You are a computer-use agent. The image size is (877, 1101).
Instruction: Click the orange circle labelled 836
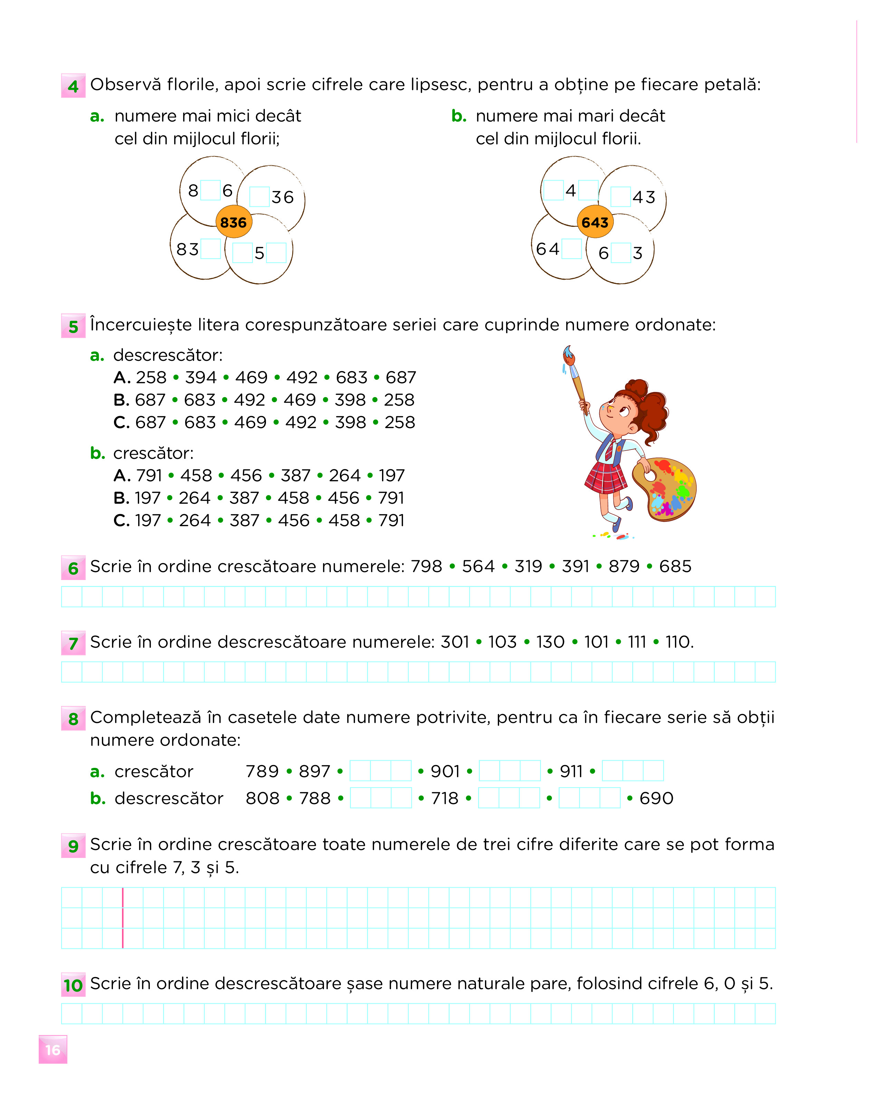tap(233, 222)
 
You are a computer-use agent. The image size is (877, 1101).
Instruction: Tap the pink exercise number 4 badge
tap(73, 86)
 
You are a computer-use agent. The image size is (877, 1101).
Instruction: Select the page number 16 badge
tap(53, 1050)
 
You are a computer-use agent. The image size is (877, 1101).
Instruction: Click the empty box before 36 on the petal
tap(259, 196)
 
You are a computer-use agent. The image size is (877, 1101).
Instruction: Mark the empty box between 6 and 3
tap(621, 253)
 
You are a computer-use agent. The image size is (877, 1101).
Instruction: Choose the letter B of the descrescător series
tap(121, 400)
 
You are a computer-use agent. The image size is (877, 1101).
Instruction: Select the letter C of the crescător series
tap(121, 520)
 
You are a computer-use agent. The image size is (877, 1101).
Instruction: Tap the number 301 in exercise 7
tap(455, 642)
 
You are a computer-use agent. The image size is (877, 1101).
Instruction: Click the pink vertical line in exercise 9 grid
tap(123, 918)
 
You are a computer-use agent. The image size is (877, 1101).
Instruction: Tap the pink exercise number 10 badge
tap(73, 985)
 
